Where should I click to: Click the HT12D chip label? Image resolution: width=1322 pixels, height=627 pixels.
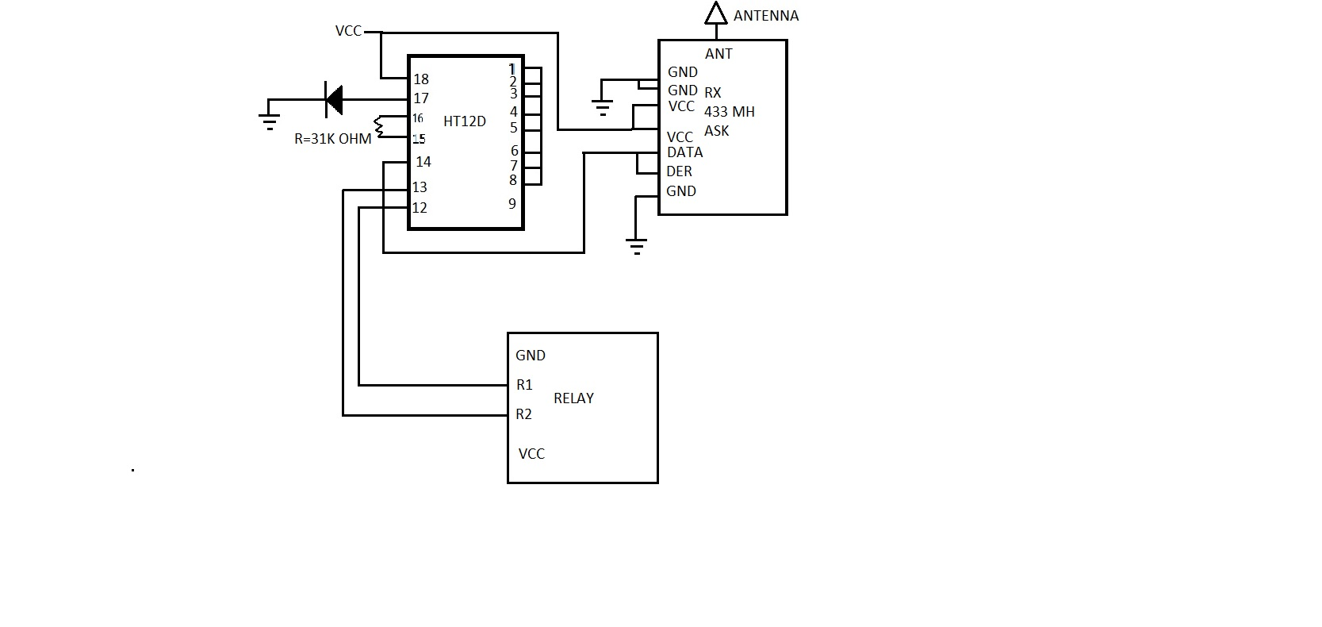464,121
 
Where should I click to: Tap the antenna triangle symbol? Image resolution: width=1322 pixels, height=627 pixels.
716,14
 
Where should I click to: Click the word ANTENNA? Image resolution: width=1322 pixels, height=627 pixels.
766,16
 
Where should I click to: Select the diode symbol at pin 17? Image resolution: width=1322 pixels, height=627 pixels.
335,99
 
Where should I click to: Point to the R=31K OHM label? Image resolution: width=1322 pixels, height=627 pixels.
332,139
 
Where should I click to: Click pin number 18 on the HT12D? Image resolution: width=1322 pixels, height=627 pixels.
421,79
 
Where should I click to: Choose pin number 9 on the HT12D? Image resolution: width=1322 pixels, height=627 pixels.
512,204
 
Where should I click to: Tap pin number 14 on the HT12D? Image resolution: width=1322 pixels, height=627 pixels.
423,162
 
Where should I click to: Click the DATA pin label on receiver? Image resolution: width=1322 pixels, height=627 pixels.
684,152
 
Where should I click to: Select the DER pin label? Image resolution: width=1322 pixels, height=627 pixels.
679,171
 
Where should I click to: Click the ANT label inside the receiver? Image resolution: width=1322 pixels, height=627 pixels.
718,54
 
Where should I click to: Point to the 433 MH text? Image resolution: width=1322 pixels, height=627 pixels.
729,112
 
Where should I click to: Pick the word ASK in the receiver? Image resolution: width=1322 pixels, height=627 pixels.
716,131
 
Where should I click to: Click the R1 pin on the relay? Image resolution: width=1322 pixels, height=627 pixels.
524,385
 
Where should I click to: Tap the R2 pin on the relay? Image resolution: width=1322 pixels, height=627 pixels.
523,414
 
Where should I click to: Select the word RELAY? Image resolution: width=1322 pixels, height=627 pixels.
573,398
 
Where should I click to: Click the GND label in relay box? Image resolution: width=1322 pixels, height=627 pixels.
530,356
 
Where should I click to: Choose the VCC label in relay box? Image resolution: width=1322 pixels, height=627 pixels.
531,454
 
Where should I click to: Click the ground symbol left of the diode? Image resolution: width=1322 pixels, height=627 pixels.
269,120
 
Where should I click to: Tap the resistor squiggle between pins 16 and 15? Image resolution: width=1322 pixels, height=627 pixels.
380,127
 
